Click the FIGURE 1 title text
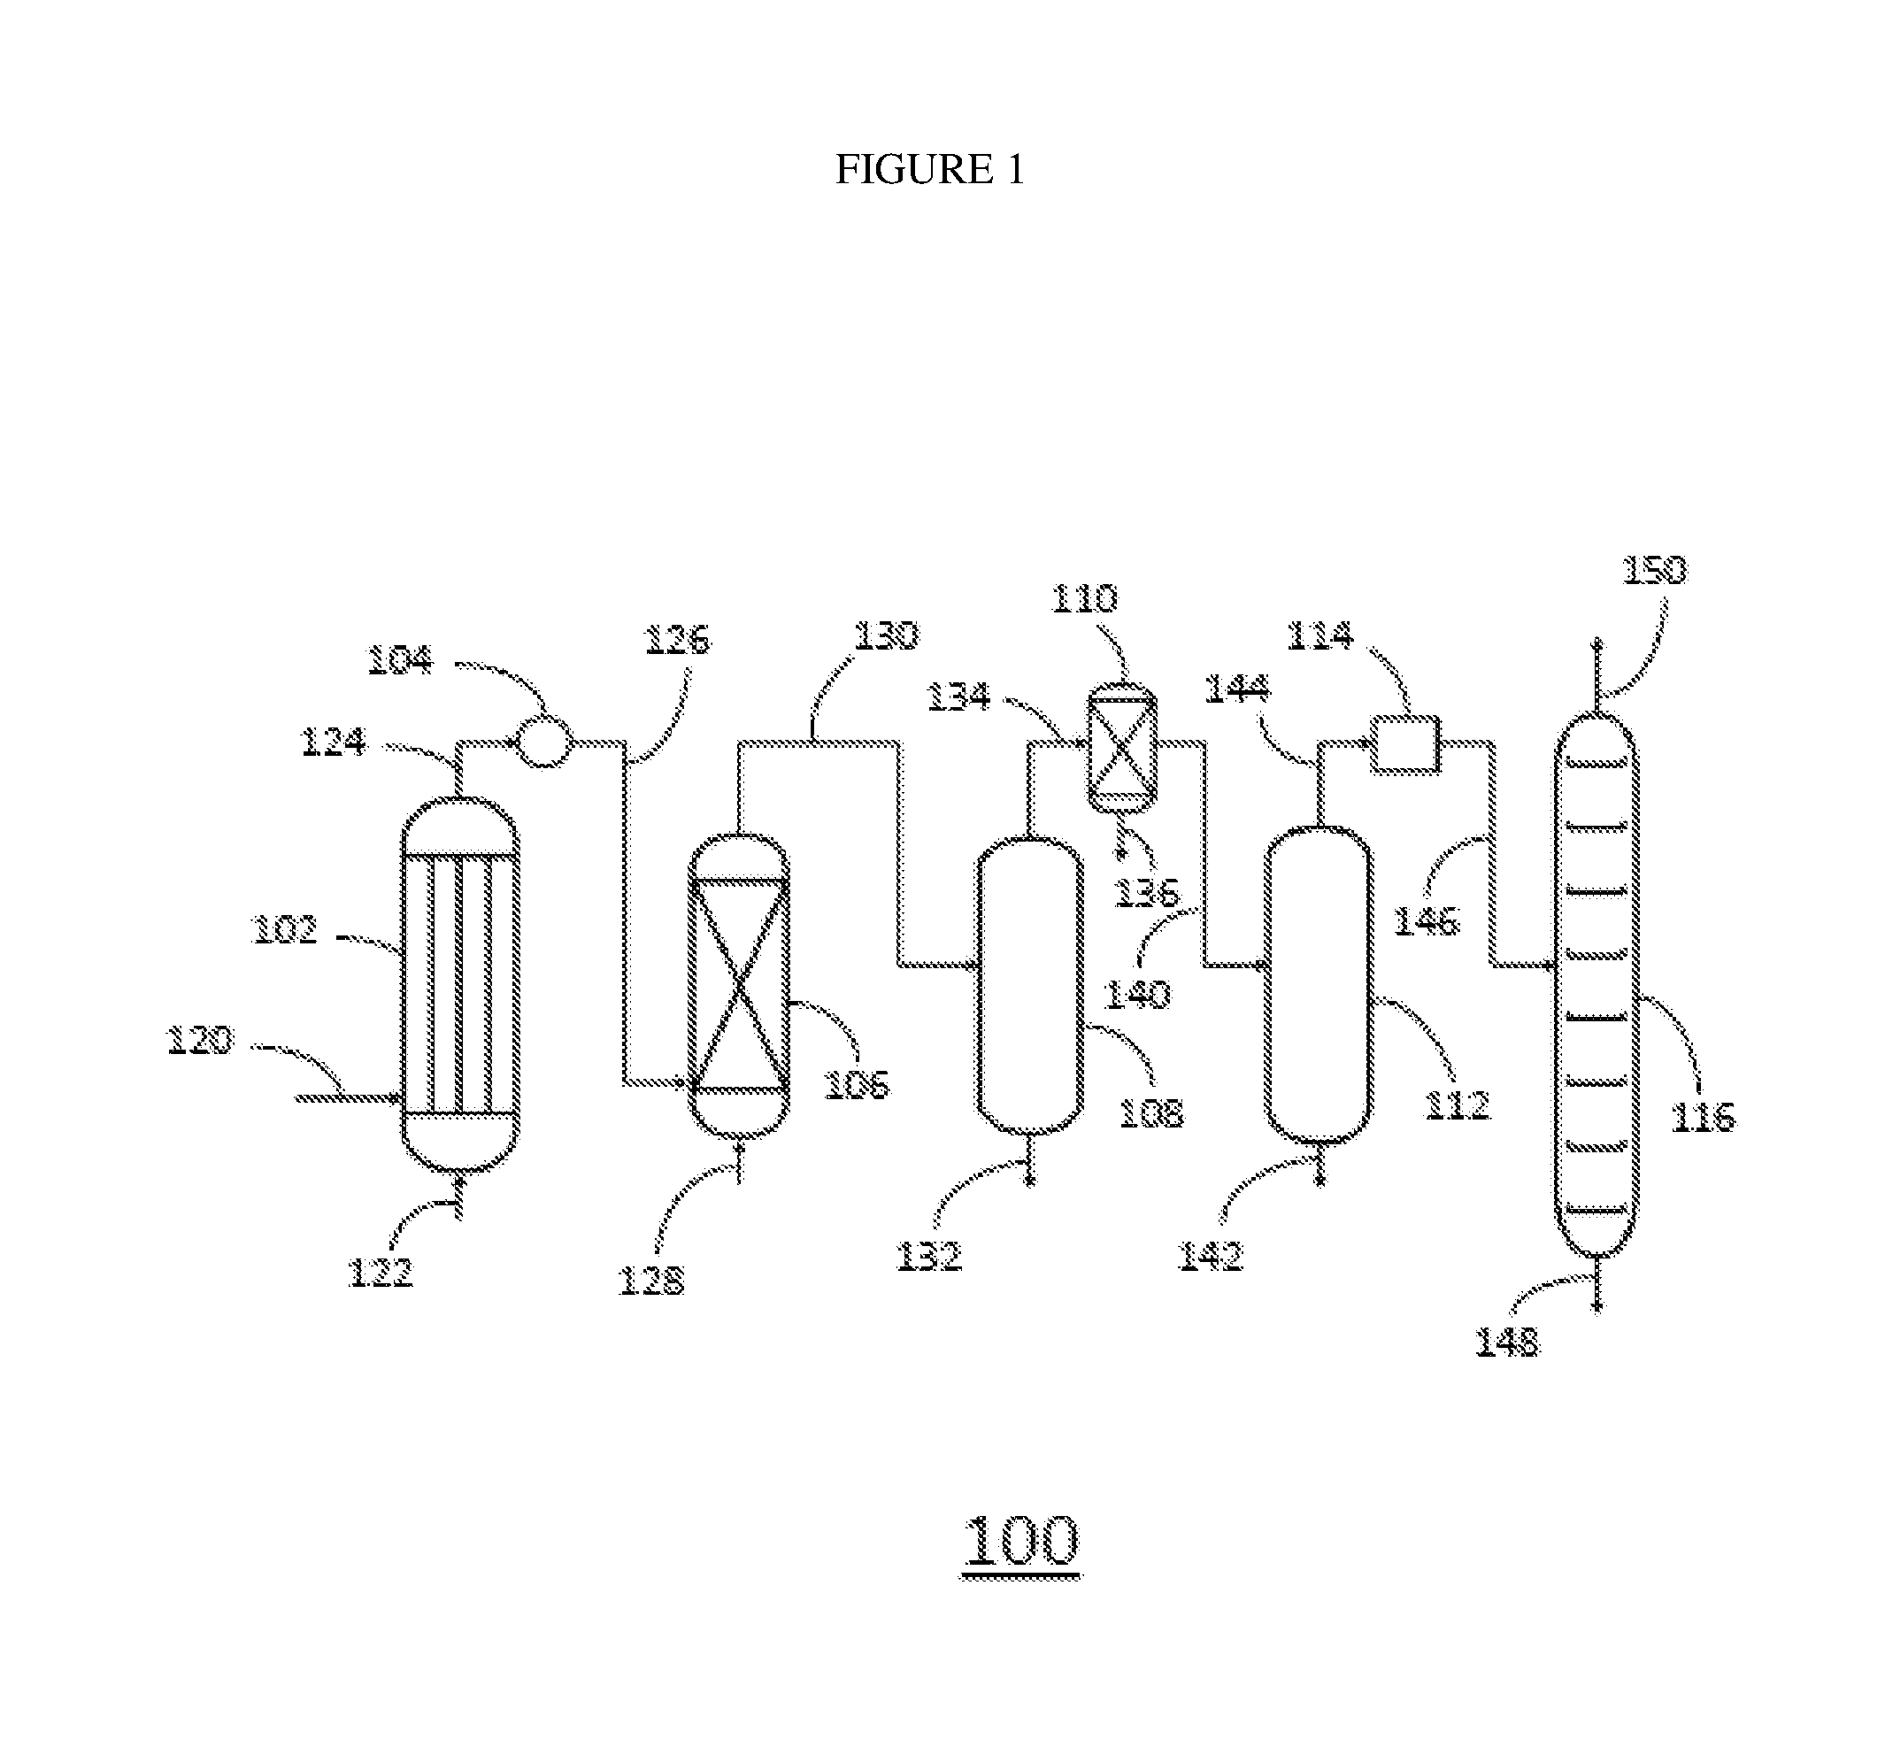click(929, 169)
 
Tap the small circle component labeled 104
click(544, 743)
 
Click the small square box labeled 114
click(1404, 744)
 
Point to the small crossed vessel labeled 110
click(1121, 748)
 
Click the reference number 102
click(285, 930)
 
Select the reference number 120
click(199, 1041)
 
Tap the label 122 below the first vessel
click(381, 1274)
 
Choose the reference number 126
click(677, 640)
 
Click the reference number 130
click(886, 635)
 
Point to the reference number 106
click(857, 1084)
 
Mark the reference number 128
click(650, 1281)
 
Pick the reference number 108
click(1150, 1113)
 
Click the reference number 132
click(928, 1257)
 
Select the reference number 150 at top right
click(1654, 570)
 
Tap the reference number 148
click(1507, 1343)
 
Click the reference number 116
click(1704, 1118)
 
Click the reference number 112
click(1457, 1105)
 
